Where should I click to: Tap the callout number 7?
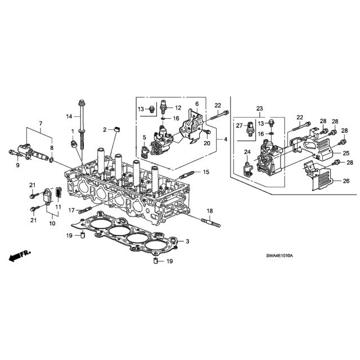(x=40, y=123)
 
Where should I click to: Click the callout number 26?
(x=346, y=181)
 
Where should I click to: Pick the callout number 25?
(x=346, y=152)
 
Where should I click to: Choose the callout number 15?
(x=205, y=172)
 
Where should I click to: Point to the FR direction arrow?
(x=20, y=256)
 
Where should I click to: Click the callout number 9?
(x=17, y=165)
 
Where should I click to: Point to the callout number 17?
(x=71, y=210)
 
